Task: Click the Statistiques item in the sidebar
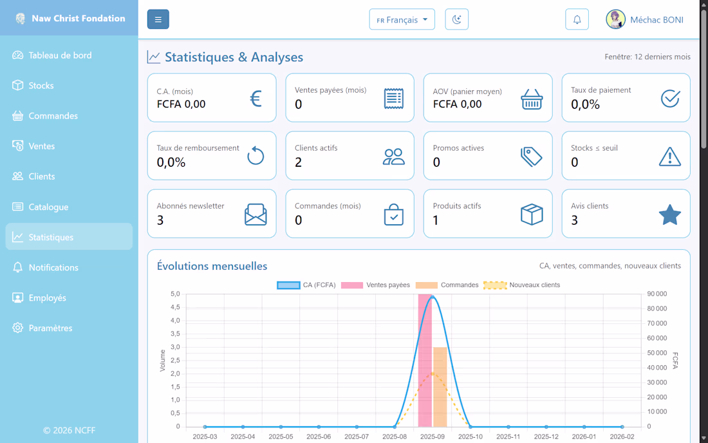tap(51, 237)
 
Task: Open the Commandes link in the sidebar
tap(53, 116)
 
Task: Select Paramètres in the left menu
tap(50, 328)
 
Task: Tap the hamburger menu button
tap(158, 19)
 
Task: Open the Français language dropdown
tap(402, 19)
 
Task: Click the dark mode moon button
tap(456, 19)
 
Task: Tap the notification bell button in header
tap(577, 19)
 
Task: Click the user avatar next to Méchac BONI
tap(615, 19)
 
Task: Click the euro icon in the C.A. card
tap(256, 98)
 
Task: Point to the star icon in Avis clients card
tap(669, 214)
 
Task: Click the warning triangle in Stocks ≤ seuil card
tap(669, 156)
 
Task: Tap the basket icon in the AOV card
tap(532, 99)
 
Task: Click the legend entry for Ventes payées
tap(375, 285)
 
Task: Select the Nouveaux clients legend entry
tap(521, 285)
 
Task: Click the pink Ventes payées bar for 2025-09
tap(425, 361)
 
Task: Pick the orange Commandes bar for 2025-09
tap(440, 386)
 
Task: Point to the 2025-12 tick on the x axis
tap(546, 437)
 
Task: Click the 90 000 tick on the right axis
tap(657, 294)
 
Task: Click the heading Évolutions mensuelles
tap(212, 266)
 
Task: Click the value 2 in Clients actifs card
tap(299, 162)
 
